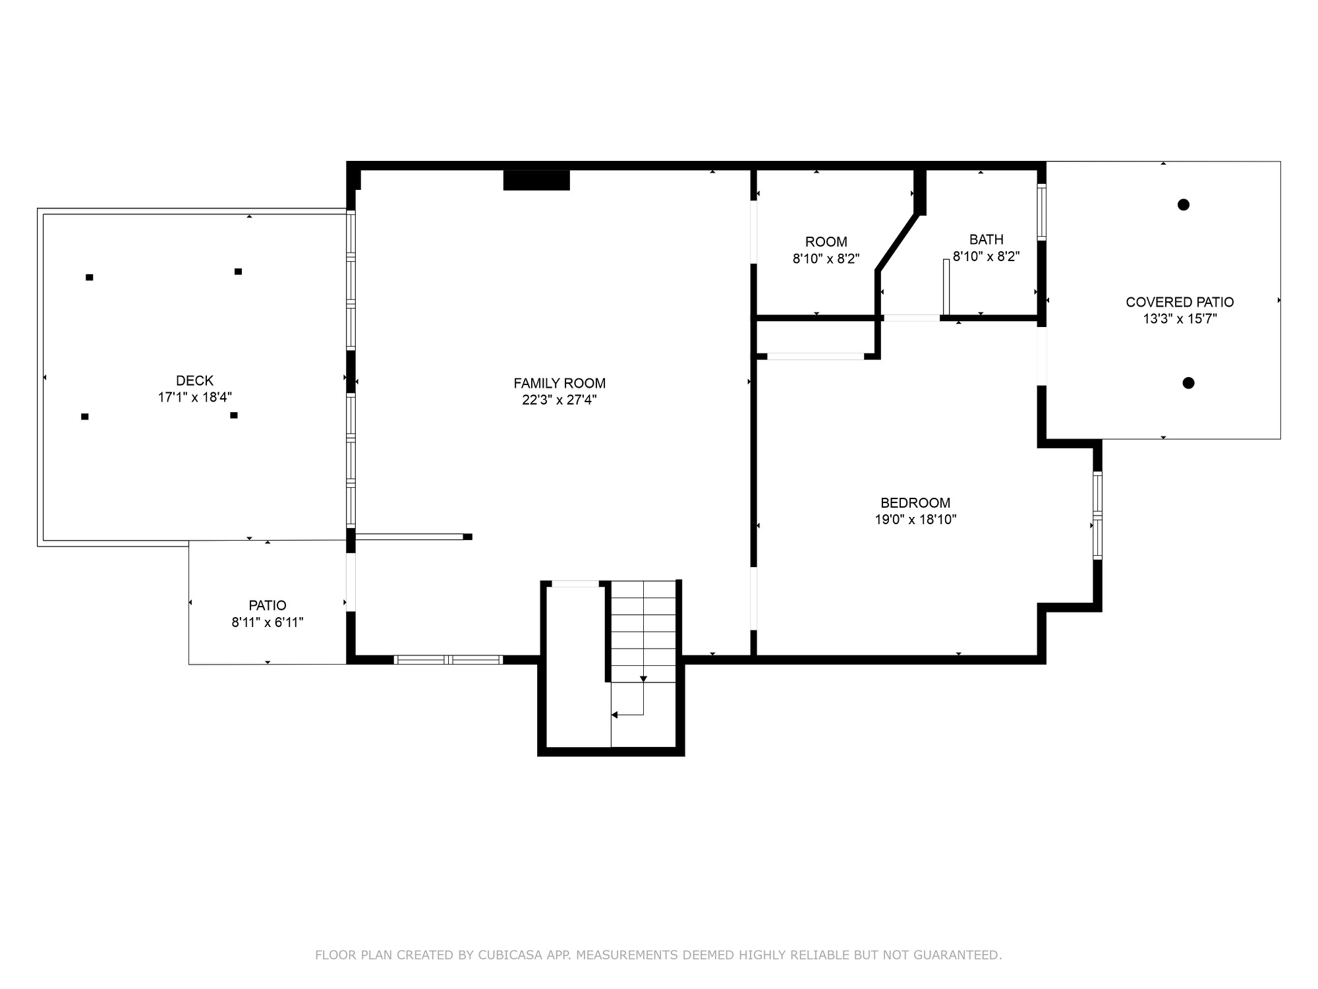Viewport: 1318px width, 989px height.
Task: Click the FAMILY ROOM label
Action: [559, 383]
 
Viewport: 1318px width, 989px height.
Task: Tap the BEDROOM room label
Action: [915, 502]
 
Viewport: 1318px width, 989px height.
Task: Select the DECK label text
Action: [194, 380]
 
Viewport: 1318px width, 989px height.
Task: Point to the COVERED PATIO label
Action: [1180, 302]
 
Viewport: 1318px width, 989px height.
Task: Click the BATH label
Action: [987, 239]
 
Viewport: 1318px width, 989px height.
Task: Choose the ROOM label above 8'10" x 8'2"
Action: [826, 242]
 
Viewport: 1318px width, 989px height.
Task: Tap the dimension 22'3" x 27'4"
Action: [559, 400]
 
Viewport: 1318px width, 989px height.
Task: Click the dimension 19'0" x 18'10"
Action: [915, 520]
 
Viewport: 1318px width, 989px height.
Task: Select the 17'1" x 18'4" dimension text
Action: [195, 397]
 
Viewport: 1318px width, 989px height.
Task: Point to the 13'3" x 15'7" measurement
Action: [1180, 319]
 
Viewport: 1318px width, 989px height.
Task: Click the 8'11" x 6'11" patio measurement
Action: [268, 622]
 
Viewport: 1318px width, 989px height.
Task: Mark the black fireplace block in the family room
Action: [536, 180]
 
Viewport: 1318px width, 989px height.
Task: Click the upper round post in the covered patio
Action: [1184, 204]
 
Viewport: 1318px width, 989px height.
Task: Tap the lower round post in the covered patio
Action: [1188, 382]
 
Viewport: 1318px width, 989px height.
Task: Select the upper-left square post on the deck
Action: [90, 278]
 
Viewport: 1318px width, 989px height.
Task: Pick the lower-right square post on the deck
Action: [234, 415]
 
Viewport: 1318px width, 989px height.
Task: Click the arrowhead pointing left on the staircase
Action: [614, 715]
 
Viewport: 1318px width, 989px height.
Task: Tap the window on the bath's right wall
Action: [1042, 212]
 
